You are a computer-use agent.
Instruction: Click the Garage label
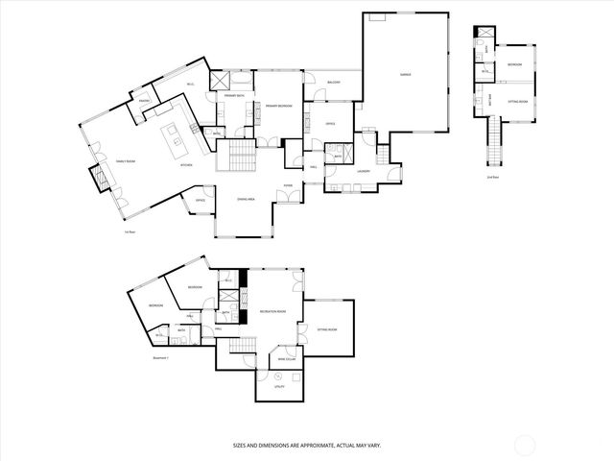point(405,75)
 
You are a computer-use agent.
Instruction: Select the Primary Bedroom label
point(278,106)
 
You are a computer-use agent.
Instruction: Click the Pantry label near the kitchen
point(145,101)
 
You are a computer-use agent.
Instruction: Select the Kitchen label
point(187,165)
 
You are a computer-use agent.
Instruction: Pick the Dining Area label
point(246,199)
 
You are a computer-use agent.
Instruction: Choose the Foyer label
point(287,186)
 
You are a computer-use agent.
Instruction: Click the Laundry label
point(364,172)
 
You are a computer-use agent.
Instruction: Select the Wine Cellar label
point(287,358)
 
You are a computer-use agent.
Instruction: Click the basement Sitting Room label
point(327,329)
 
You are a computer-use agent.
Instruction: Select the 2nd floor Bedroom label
point(514,64)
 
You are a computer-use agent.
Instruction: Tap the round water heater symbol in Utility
point(278,376)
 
